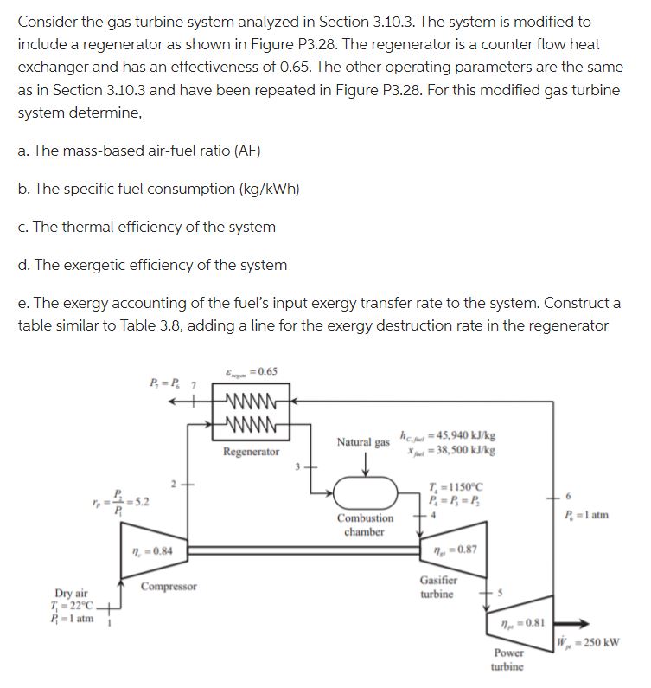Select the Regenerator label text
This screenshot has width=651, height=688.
251,452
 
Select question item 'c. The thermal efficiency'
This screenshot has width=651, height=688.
147,227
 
